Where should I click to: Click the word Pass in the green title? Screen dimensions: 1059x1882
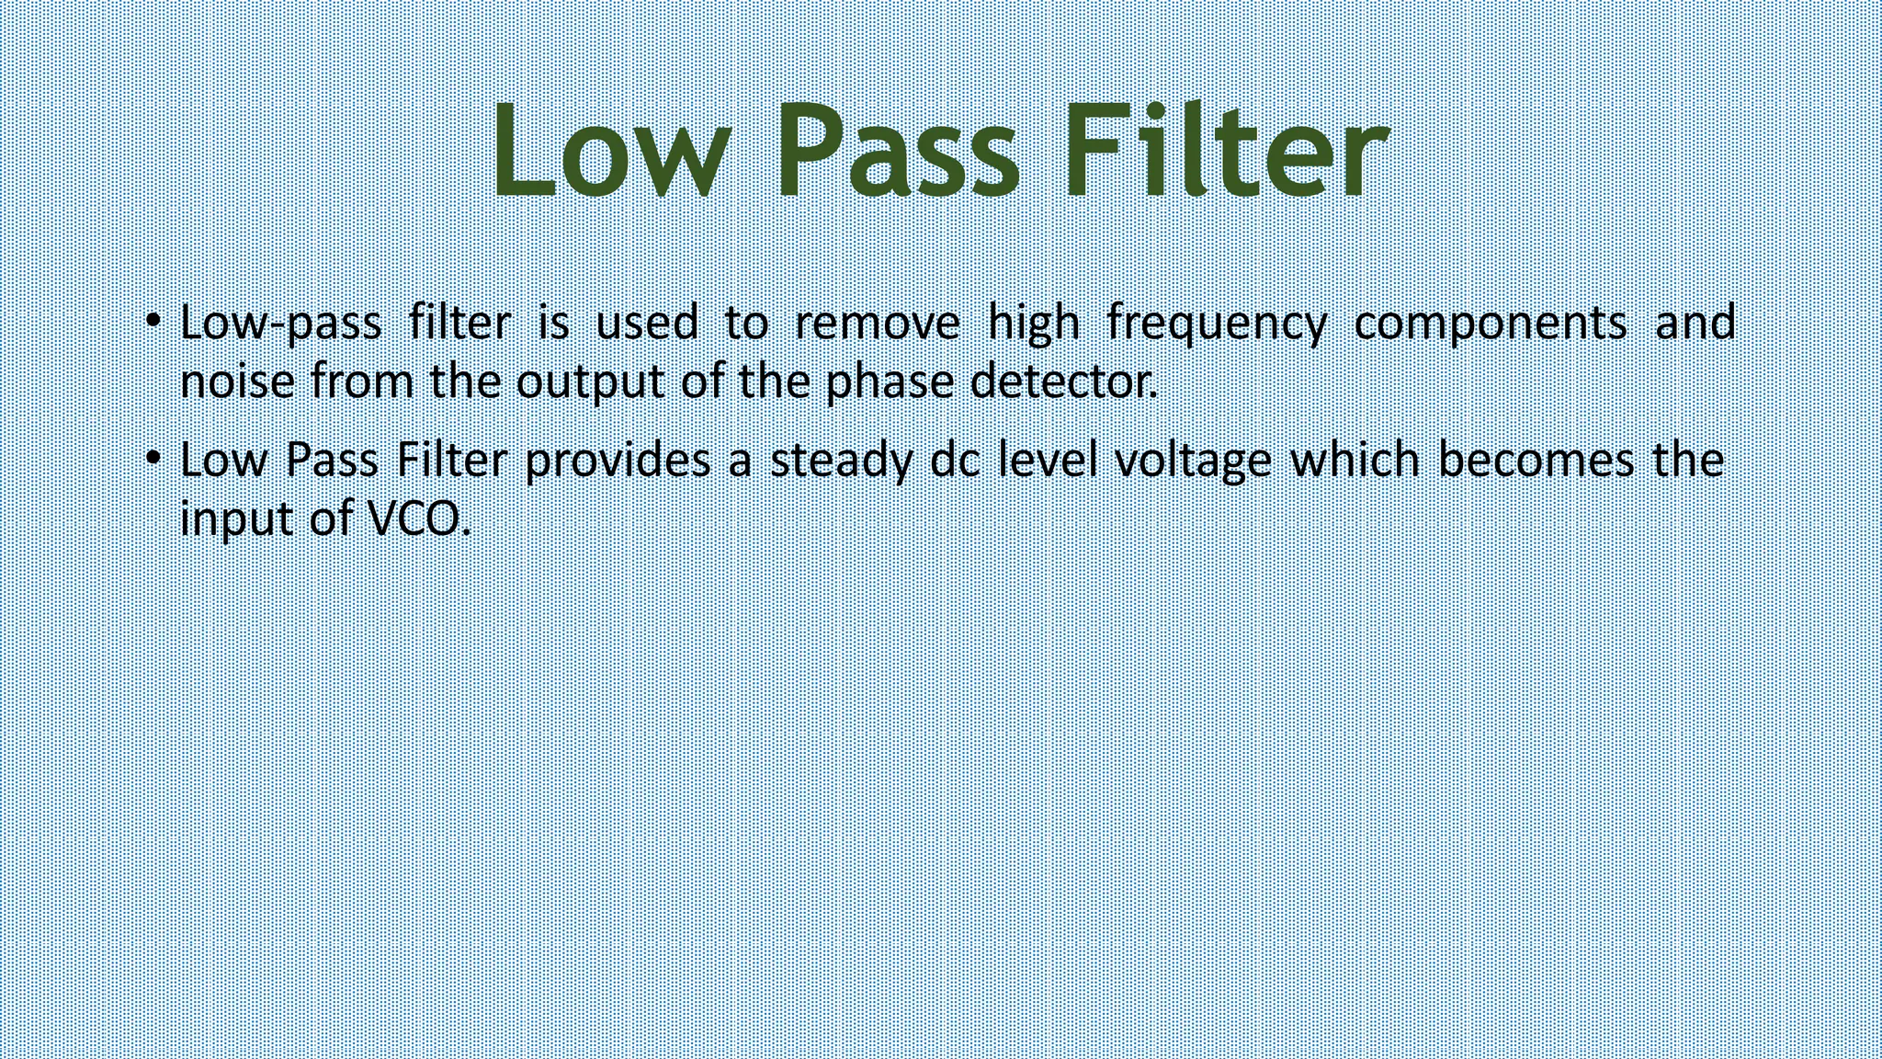[x=897, y=152]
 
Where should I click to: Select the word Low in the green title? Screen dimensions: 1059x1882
[x=612, y=152]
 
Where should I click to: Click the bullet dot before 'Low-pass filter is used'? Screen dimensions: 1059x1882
[x=153, y=321]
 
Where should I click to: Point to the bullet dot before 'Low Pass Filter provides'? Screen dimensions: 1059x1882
[x=153, y=458]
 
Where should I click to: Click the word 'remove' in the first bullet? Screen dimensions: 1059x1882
[x=877, y=324]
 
